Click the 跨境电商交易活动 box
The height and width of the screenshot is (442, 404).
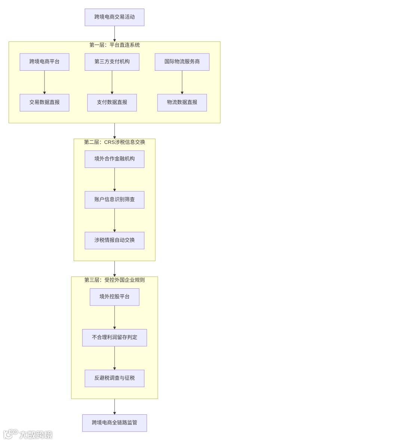click(x=114, y=17)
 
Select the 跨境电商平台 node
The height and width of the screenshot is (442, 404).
click(x=45, y=62)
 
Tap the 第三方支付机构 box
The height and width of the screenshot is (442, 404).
click(x=112, y=62)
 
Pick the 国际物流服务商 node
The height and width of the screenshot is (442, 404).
click(x=182, y=62)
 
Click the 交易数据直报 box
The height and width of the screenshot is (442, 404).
click(x=45, y=102)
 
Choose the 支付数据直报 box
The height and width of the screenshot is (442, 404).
click(x=112, y=102)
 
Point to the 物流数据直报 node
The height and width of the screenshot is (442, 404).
click(x=182, y=102)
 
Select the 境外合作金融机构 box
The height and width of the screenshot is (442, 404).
click(x=114, y=159)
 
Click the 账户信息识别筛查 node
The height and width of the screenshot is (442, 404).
click(x=114, y=200)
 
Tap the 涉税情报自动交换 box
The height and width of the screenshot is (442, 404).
click(x=114, y=240)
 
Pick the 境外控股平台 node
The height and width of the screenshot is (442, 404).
click(x=114, y=297)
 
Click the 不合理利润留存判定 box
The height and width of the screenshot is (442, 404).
click(x=114, y=338)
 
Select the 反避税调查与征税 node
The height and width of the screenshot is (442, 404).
click(x=114, y=378)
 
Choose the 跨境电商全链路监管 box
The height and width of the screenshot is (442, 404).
click(x=114, y=423)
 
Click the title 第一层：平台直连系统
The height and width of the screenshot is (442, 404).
click(x=114, y=45)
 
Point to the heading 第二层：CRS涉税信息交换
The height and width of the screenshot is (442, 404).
click(x=114, y=142)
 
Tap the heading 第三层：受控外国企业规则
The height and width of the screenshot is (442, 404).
click(x=114, y=280)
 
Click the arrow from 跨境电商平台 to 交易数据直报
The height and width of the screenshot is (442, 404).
click(x=45, y=82)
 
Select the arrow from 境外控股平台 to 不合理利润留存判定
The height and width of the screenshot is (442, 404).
click(x=114, y=317)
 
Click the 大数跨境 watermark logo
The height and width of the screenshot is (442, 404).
click(x=28, y=434)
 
